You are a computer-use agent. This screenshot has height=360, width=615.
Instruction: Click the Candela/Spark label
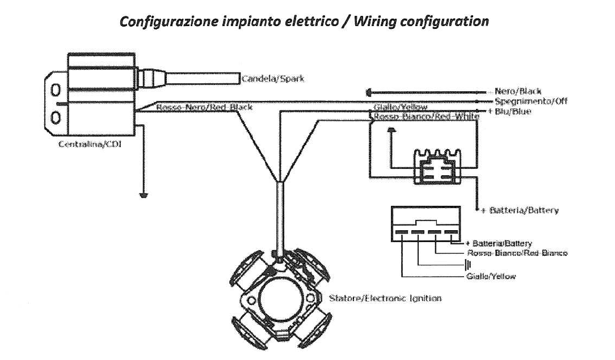[x=273, y=79]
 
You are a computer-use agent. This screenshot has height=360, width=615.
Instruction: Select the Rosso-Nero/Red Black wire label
[x=204, y=107]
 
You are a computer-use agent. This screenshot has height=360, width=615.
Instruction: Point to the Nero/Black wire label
[x=518, y=91]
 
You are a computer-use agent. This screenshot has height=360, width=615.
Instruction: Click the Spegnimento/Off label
[x=531, y=101]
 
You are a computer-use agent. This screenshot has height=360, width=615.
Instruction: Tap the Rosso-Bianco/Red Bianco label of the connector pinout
[x=517, y=253]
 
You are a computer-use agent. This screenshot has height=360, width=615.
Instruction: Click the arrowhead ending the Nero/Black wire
[x=369, y=92]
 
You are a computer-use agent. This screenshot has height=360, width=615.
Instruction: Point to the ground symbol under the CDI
[x=143, y=196]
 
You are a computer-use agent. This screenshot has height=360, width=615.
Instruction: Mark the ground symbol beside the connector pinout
[x=469, y=265]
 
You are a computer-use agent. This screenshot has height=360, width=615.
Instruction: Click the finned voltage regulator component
[x=437, y=167]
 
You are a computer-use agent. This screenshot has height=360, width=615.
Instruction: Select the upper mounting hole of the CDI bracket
[x=56, y=90]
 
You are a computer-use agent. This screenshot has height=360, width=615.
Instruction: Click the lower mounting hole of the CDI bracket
[x=56, y=117]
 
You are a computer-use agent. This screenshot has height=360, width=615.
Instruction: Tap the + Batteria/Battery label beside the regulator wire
[x=520, y=210]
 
